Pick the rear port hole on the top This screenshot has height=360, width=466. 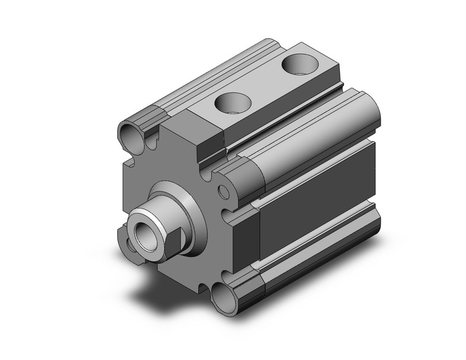(299, 63)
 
